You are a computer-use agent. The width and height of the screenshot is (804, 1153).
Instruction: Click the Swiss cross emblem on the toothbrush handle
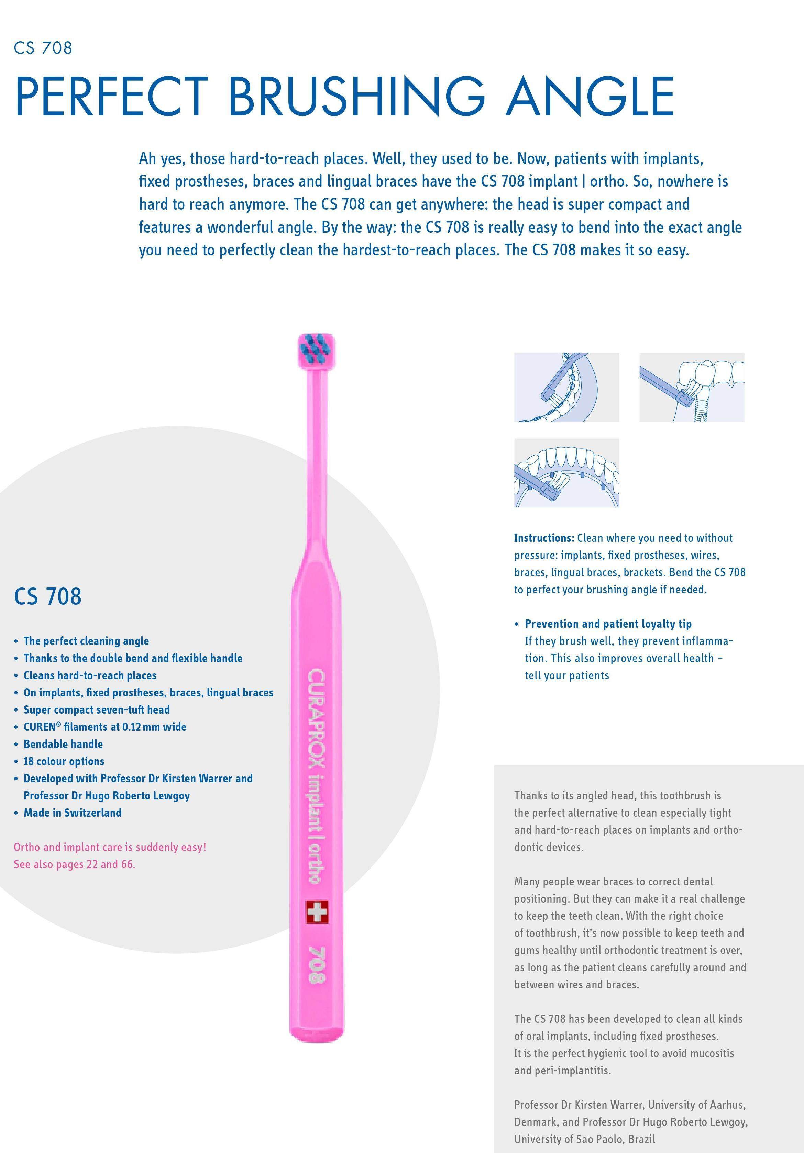317,911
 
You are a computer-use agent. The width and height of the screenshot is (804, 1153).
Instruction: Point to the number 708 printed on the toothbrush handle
317,964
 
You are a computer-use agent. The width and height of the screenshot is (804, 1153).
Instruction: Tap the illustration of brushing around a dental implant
692,387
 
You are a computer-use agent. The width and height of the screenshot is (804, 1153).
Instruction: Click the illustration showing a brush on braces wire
566,387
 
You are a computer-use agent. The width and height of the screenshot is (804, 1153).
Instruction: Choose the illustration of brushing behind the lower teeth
566,472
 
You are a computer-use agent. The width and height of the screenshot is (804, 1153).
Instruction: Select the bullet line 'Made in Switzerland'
73,813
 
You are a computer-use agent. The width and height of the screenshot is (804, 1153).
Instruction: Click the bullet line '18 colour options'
64,761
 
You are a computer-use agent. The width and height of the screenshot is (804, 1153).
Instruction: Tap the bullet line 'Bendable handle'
63,744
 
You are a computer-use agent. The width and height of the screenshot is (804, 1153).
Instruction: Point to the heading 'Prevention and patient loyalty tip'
608,624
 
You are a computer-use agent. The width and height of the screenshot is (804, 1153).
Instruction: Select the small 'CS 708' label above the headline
43,48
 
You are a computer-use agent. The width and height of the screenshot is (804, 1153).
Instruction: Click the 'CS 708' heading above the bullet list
48,596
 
